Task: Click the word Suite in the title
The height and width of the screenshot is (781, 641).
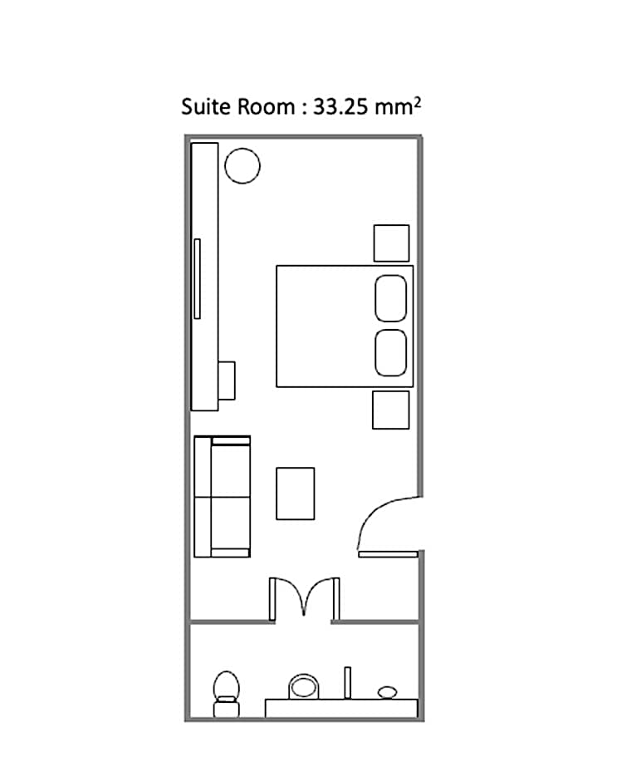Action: click(207, 107)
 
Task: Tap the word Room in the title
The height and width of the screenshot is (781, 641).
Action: click(267, 107)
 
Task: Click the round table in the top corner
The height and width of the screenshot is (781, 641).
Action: click(242, 166)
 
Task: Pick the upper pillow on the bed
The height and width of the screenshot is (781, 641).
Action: click(391, 298)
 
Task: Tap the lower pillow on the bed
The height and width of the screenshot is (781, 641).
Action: click(391, 352)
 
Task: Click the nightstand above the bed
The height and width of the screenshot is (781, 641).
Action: click(392, 243)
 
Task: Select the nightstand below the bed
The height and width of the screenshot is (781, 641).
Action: click(391, 410)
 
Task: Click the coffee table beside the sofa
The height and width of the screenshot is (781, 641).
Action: click(295, 494)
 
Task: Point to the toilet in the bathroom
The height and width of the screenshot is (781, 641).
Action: click(227, 694)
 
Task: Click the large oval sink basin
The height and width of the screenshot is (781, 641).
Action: click(304, 687)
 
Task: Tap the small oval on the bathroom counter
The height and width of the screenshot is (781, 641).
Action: click(387, 692)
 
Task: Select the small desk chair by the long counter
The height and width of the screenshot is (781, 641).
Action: click(227, 381)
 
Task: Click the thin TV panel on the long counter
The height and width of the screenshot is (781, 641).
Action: click(197, 279)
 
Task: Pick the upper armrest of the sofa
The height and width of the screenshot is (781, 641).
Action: click(231, 440)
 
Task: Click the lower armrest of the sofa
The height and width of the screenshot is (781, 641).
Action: click(231, 553)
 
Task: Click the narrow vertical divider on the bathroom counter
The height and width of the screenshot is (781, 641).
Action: click(347, 683)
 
